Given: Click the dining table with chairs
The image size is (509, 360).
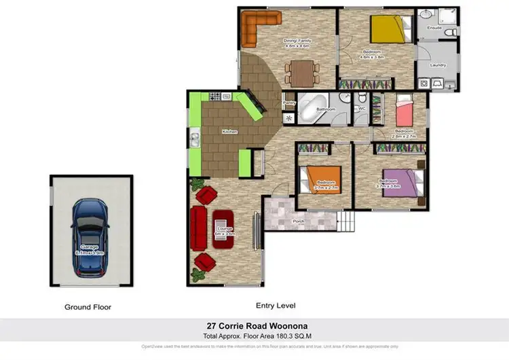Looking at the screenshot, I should coord(300,69).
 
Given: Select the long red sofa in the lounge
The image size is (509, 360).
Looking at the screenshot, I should coord(199,228).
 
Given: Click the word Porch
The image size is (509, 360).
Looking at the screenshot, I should coord(298,221).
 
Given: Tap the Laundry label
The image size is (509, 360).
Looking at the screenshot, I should coord(438,65).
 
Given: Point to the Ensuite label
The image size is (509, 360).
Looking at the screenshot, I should coord(432,27).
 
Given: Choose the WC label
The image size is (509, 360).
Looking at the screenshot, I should coord(362,109).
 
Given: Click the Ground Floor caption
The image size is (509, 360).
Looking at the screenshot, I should coord(88,307).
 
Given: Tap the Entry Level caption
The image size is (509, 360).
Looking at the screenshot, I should coord(275,306).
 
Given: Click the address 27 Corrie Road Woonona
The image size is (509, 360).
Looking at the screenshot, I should coord(254,325).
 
